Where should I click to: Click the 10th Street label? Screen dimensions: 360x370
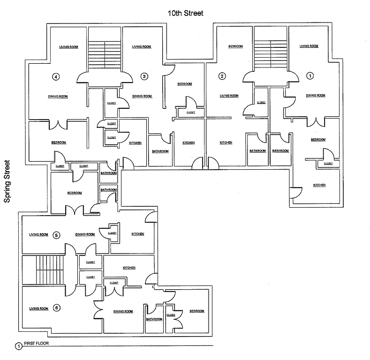click(x=186, y=13)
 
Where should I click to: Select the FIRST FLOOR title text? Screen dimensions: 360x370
click(x=37, y=343)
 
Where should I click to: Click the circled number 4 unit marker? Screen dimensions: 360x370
click(x=56, y=76)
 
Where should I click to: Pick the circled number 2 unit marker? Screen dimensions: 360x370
click(x=222, y=76)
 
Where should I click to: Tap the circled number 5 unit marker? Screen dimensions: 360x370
click(x=56, y=235)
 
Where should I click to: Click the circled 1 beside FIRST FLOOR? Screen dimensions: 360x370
click(x=18, y=346)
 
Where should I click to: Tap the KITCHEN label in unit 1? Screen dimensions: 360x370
click(x=319, y=185)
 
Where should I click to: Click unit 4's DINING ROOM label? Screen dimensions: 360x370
click(x=58, y=97)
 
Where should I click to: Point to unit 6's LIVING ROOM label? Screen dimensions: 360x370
click(x=38, y=308)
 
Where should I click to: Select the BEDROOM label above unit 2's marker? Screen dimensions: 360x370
click(x=235, y=46)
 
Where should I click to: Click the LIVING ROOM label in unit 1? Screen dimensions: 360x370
click(x=309, y=46)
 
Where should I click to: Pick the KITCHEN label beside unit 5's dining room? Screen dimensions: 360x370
click(x=137, y=234)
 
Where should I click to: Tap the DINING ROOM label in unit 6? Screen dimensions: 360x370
click(x=123, y=311)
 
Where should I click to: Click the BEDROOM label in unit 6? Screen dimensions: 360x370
click(x=196, y=311)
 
